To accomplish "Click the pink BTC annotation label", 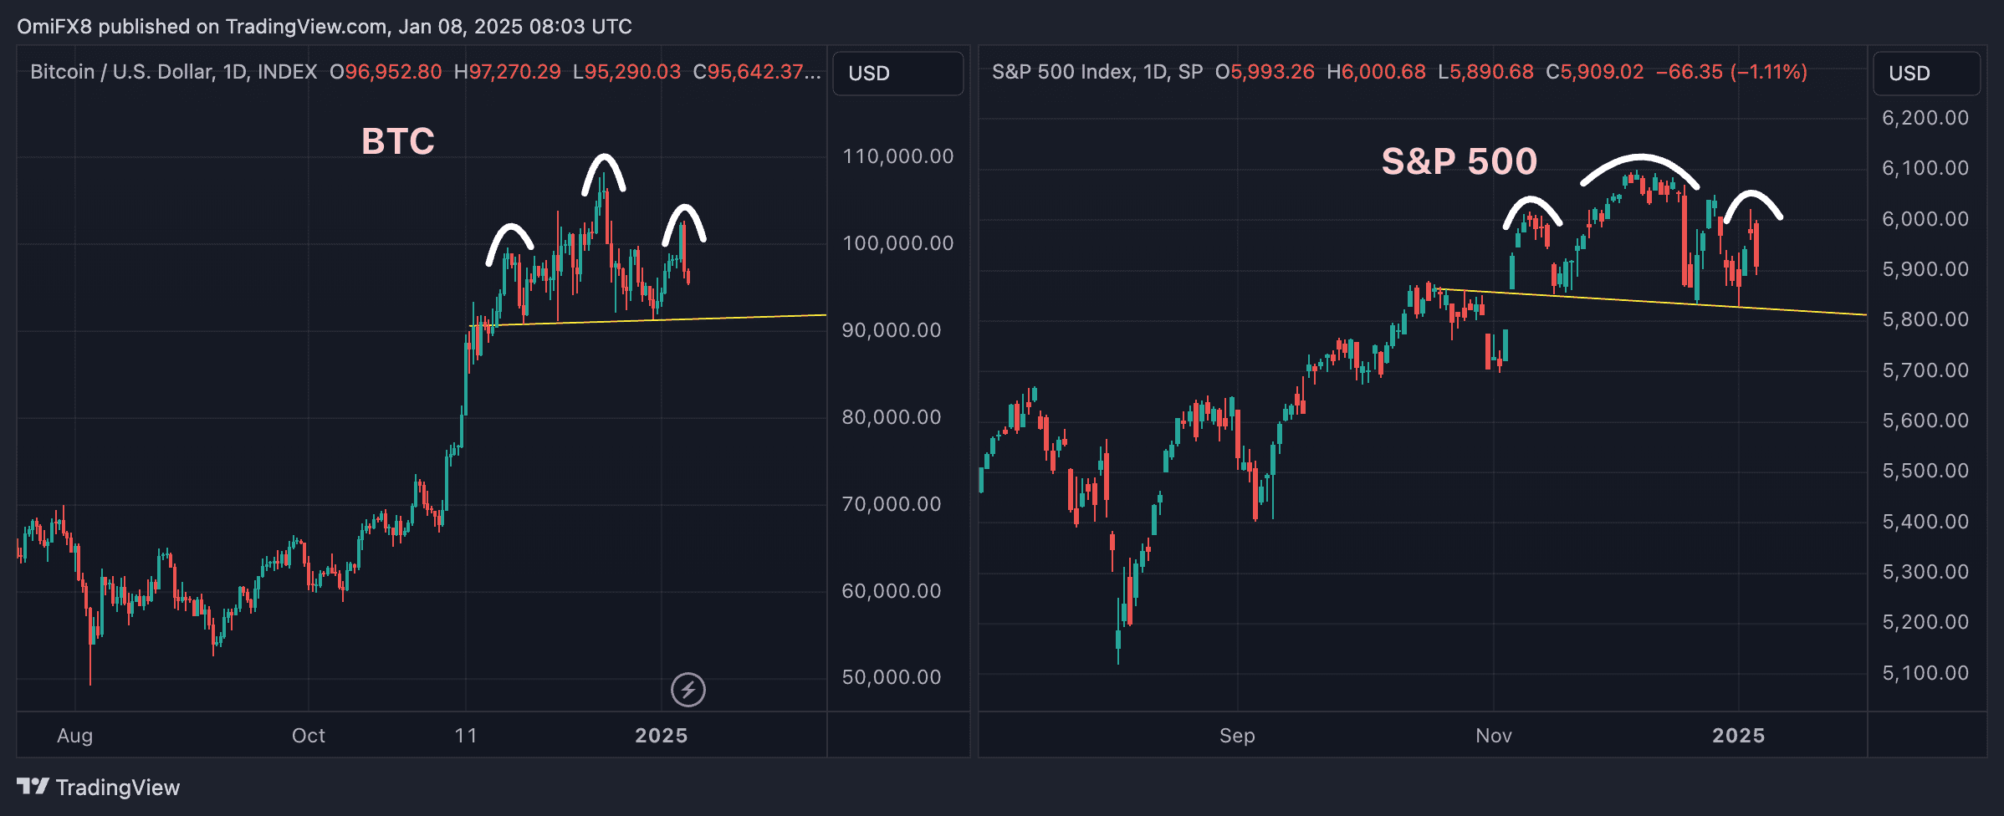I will [x=398, y=141].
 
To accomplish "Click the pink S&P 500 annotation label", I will [x=1459, y=161].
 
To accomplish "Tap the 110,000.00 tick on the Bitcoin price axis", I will [x=897, y=156].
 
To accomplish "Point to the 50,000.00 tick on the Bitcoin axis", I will [x=892, y=677].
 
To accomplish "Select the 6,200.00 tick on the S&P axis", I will [x=1925, y=118].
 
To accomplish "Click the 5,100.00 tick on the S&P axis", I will [x=1925, y=673].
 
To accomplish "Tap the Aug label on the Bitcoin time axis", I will [x=74, y=736].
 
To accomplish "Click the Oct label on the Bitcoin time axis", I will [x=308, y=736].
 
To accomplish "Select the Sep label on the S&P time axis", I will [x=1237, y=736].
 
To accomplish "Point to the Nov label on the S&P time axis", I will [x=1493, y=736].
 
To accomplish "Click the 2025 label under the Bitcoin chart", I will [x=661, y=736].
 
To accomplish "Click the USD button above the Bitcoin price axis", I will [x=897, y=74].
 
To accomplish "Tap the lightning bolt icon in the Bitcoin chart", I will [x=688, y=690].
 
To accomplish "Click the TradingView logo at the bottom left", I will [x=98, y=788].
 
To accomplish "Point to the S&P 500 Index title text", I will [x=1097, y=72].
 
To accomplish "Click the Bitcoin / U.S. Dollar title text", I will [x=173, y=72].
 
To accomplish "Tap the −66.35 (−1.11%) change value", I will [x=1731, y=72].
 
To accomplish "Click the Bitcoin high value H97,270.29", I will [x=507, y=72].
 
